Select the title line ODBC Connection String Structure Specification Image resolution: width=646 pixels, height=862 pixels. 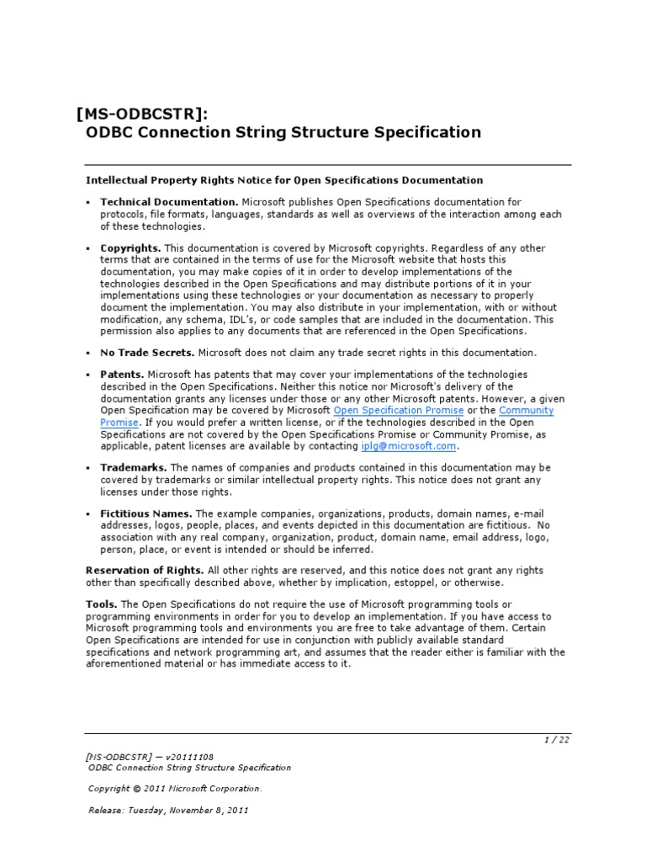[x=283, y=133]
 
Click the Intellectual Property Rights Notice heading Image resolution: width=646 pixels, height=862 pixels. [x=284, y=180]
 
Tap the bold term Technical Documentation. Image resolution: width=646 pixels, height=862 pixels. [x=168, y=202]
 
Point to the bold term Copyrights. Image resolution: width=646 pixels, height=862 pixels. [x=130, y=248]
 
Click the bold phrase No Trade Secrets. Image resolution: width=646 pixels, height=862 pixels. [x=147, y=353]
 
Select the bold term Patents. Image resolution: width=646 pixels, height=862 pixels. [x=123, y=374]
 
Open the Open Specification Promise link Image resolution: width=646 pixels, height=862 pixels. [x=399, y=410]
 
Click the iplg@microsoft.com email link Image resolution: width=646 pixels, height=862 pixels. [x=409, y=446]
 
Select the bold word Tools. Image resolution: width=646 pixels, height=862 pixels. [x=102, y=604]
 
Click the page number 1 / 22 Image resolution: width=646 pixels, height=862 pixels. [x=556, y=740]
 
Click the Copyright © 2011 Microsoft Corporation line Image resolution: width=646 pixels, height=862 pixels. [x=175, y=789]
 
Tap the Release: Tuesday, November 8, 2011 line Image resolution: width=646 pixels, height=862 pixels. [x=168, y=811]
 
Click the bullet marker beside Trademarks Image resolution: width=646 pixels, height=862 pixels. [x=88, y=467]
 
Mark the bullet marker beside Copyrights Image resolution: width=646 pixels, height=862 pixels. [x=88, y=248]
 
